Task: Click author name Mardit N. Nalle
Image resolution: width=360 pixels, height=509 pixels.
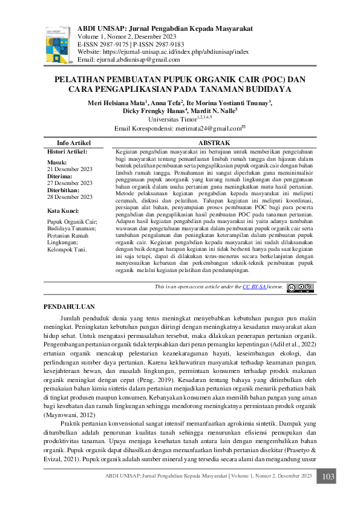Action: (214, 112)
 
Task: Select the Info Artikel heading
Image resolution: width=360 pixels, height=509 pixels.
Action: (73, 143)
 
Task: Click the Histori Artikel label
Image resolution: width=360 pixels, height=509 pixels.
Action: (67, 151)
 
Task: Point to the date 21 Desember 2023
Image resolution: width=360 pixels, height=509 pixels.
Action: (70, 169)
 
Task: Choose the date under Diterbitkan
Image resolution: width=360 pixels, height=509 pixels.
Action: (70, 197)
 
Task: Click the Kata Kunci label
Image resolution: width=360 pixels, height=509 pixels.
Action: (64, 211)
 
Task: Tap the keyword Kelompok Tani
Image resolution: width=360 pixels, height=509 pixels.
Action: (67, 249)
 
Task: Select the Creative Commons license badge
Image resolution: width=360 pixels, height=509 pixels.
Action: (300, 288)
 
